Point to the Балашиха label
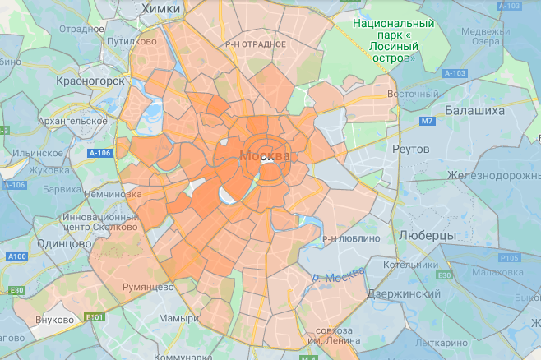click(x=475, y=109)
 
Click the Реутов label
click(x=411, y=150)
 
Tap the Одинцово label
click(x=65, y=244)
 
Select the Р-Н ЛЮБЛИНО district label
click(x=351, y=238)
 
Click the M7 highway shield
click(x=427, y=122)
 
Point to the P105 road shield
click(x=509, y=257)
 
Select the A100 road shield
click(x=16, y=256)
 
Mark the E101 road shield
click(x=95, y=316)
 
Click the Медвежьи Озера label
click(x=485, y=38)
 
